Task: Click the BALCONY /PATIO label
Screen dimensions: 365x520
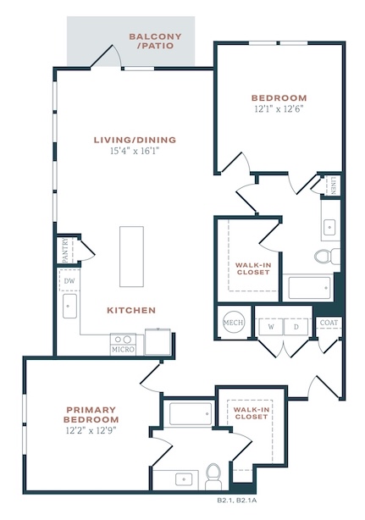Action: [x=155, y=41]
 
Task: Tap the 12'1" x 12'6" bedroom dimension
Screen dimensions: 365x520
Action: [x=279, y=108]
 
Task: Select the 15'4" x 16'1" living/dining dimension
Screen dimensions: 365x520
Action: [x=135, y=152]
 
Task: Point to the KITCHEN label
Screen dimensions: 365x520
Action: [x=131, y=311]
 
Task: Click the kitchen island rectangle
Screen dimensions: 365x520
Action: [x=131, y=257]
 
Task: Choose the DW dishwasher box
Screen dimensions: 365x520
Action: [x=69, y=281]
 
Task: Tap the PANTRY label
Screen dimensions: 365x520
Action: [x=65, y=250]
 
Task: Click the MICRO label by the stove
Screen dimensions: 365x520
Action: [x=123, y=350]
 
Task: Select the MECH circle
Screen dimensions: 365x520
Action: [x=234, y=323]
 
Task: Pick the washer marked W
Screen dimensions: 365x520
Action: [x=271, y=327]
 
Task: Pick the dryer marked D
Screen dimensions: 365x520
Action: [x=296, y=327]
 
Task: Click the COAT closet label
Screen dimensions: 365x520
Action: [x=329, y=323]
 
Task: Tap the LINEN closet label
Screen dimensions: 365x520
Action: [x=333, y=185]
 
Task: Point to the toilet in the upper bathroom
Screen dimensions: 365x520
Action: [x=327, y=257]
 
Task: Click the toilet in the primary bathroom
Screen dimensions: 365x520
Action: [x=213, y=477]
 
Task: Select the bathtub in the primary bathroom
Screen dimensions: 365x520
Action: [x=191, y=413]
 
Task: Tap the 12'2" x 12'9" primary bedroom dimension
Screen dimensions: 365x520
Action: [x=91, y=430]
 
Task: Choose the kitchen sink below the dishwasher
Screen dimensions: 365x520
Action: [x=69, y=306]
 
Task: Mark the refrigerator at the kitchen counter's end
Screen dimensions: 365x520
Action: [x=158, y=342]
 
